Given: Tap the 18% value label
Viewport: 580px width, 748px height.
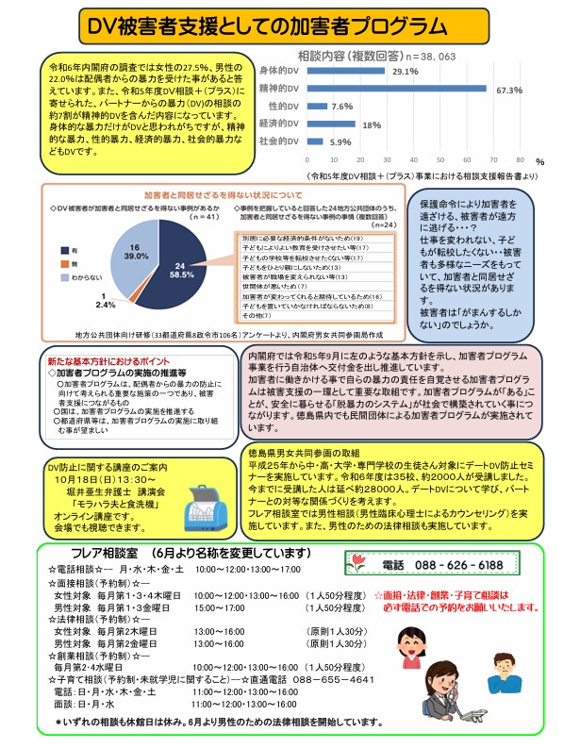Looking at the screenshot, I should [x=372, y=125].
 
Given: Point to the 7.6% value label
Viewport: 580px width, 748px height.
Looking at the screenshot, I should [x=341, y=107].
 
